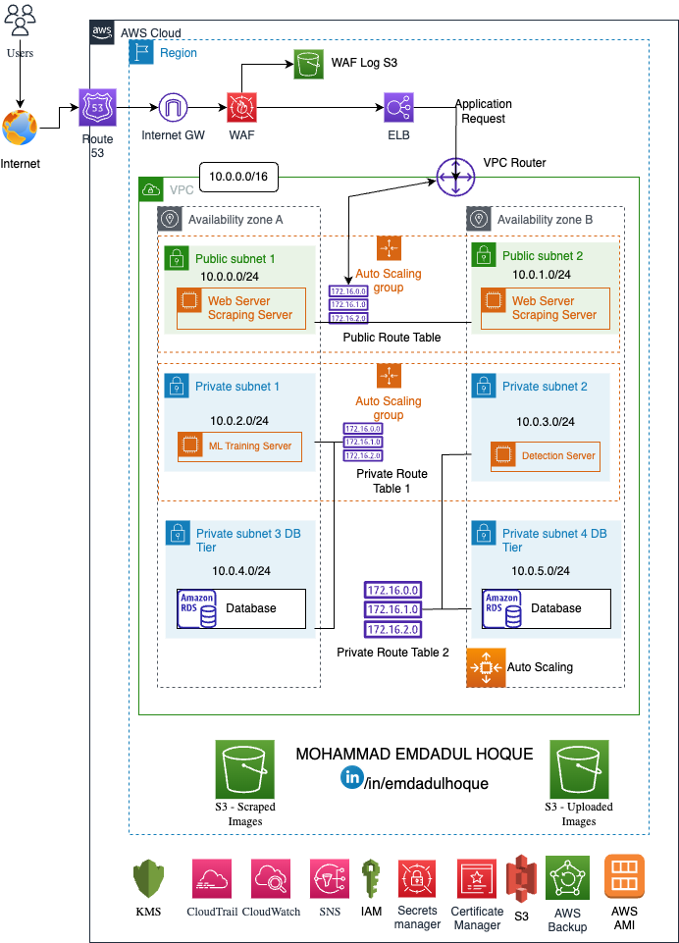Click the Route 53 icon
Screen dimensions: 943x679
pyautogui.click(x=97, y=107)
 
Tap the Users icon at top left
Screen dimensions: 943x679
pyautogui.click(x=20, y=21)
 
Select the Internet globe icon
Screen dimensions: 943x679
pyautogui.click(x=20, y=129)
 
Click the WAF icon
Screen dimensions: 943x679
pyautogui.click(x=241, y=106)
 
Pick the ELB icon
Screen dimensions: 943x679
pyautogui.click(x=399, y=106)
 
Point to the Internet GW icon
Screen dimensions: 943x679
pyautogui.click(x=174, y=106)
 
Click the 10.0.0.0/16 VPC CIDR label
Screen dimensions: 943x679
pyautogui.click(x=238, y=178)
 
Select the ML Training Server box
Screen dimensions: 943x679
pyautogui.click(x=240, y=445)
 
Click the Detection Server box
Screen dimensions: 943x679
pyautogui.click(x=546, y=455)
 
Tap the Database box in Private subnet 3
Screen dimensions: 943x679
pyautogui.click(x=241, y=608)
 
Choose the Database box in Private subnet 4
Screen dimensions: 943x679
pyautogui.click(x=546, y=608)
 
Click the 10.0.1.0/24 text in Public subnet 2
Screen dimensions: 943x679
pyautogui.click(x=537, y=275)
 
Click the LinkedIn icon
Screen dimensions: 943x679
pyautogui.click(x=352, y=777)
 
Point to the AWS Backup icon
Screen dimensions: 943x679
pyautogui.click(x=566, y=878)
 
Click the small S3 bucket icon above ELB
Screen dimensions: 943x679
pyautogui.click(x=308, y=65)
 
